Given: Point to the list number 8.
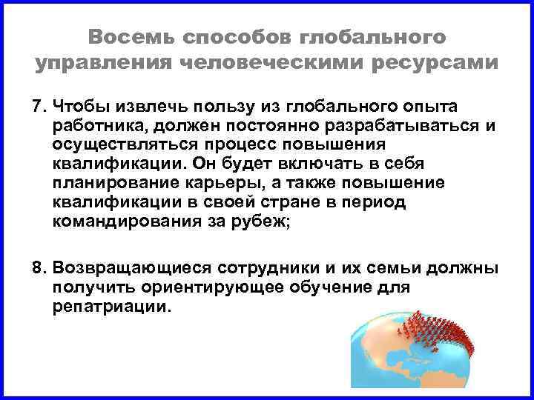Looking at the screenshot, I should point(38,267).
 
